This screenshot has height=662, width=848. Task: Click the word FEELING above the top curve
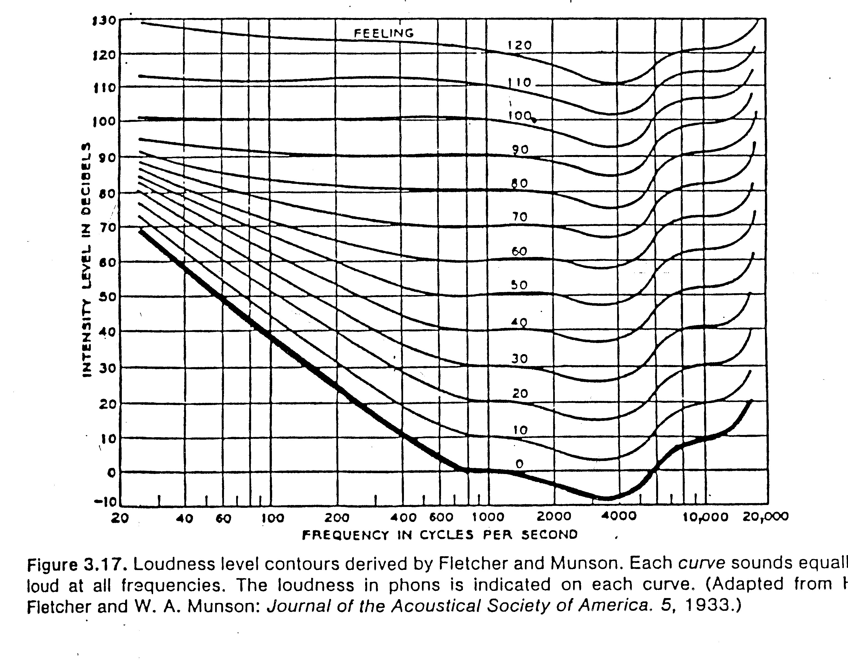[384, 34]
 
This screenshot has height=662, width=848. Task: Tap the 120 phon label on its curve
[520, 45]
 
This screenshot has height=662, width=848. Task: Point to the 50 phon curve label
[519, 285]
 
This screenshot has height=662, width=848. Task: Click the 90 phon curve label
[520, 150]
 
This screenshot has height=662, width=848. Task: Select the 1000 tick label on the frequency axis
[488, 517]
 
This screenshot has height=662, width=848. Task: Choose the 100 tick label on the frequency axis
[273, 518]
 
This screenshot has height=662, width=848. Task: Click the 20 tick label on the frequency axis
[120, 518]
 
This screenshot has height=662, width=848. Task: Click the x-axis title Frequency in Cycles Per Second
[440, 535]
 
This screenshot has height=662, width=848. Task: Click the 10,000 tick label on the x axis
[705, 517]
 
